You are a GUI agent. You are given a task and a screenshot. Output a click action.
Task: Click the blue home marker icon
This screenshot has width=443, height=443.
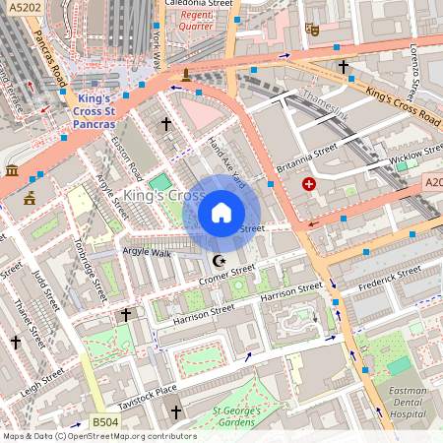[221, 213]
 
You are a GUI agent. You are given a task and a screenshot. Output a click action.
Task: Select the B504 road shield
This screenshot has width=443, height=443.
[105, 422]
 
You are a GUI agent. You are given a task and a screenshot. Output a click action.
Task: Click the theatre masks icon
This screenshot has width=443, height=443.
[313, 30]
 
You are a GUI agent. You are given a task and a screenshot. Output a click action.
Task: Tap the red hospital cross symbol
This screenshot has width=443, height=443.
[310, 184]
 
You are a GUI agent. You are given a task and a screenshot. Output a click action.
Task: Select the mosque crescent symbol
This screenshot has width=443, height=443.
[219, 260]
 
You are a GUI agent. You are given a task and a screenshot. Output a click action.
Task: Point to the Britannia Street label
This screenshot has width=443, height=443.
[306, 158]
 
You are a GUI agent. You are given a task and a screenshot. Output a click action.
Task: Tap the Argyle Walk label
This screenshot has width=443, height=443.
[146, 253]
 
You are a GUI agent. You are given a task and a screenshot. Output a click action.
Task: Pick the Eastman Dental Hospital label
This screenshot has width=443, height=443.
[408, 403]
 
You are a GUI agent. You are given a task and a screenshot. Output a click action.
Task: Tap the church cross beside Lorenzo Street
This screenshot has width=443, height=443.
[344, 67]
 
